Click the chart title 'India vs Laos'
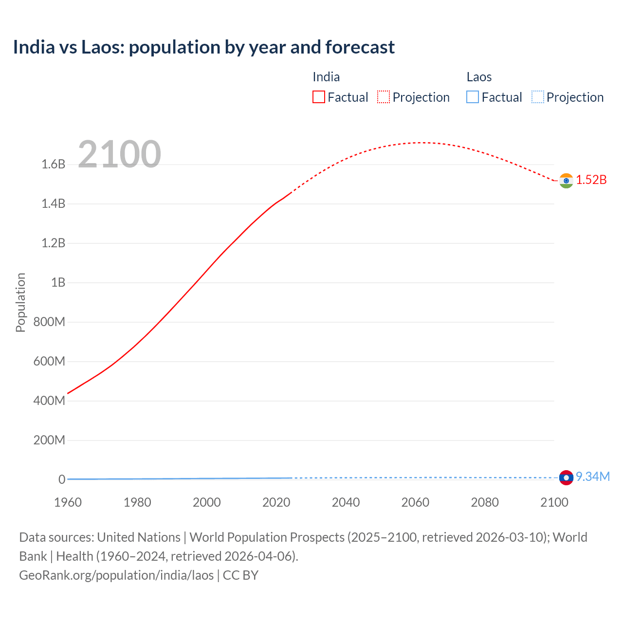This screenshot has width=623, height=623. coord(203,47)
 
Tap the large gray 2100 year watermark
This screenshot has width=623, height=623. coord(119,154)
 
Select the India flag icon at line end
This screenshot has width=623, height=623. coord(566,181)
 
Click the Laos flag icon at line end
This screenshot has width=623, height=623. coord(566,477)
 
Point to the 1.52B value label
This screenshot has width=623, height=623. coord(591,180)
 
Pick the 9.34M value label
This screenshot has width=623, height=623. coord(593,476)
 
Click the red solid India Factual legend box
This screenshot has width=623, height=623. coord(319,97)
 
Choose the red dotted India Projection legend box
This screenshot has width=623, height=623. coord(384,97)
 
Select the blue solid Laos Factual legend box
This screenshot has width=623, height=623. coord(473,97)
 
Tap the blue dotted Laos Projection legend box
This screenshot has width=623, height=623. coord(538,97)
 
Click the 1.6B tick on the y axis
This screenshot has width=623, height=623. coord(53,165)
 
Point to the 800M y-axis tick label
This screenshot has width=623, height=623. coord(49,322)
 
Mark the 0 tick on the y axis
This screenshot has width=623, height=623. coord(62,479)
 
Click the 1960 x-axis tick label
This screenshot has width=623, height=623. coord(68,502)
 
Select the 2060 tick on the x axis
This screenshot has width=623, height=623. coord(415,502)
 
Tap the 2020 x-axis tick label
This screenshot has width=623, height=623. coord(276,502)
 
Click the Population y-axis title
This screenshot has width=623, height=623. coord(20,302)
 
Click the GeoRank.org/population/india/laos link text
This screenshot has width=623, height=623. coord(116,575)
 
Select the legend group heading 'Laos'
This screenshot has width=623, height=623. coord(479,77)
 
